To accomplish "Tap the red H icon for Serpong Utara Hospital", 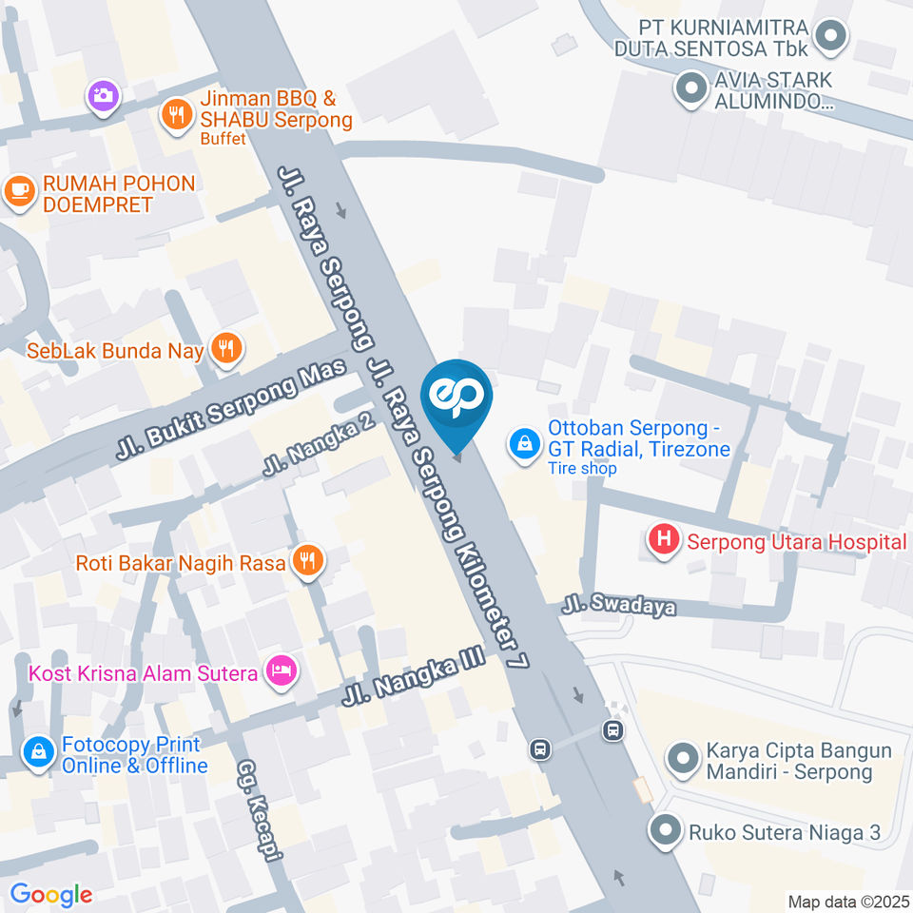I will pyautogui.click(x=664, y=541).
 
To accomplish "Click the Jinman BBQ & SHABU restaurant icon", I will pyautogui.click(x=176, y=115).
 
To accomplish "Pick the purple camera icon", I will pyautogui.click(x=102, y=95).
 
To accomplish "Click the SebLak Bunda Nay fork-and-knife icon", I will pyautogui.click(x=226, y=348).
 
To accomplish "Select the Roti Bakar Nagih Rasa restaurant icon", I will pyautogui.click(x=306, y=561).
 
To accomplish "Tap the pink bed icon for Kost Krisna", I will pyautogui.click(x=282, y=672).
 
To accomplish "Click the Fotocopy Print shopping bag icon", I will pyautogui.click(x=38, y=752).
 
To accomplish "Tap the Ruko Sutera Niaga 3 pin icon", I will pyautogui.click(x=664, y=830).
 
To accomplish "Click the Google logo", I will pyautogui.click(x=50, y=895).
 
